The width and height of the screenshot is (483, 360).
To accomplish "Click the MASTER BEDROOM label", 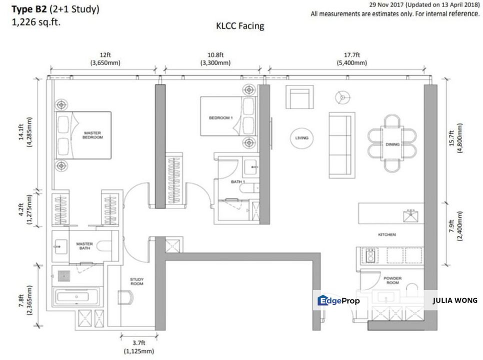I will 92,134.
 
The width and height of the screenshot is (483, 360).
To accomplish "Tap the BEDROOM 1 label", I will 221,117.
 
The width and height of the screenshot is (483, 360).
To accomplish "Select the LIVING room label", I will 302,138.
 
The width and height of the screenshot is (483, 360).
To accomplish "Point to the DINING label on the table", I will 392,144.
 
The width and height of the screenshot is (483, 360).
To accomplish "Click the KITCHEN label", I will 387,234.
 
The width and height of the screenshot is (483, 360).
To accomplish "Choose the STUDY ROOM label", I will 136,281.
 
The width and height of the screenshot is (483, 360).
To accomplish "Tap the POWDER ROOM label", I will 392,280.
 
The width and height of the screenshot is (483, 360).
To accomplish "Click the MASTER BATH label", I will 84,246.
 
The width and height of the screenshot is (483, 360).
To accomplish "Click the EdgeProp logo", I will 338,301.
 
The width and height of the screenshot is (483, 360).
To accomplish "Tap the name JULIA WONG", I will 454,300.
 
